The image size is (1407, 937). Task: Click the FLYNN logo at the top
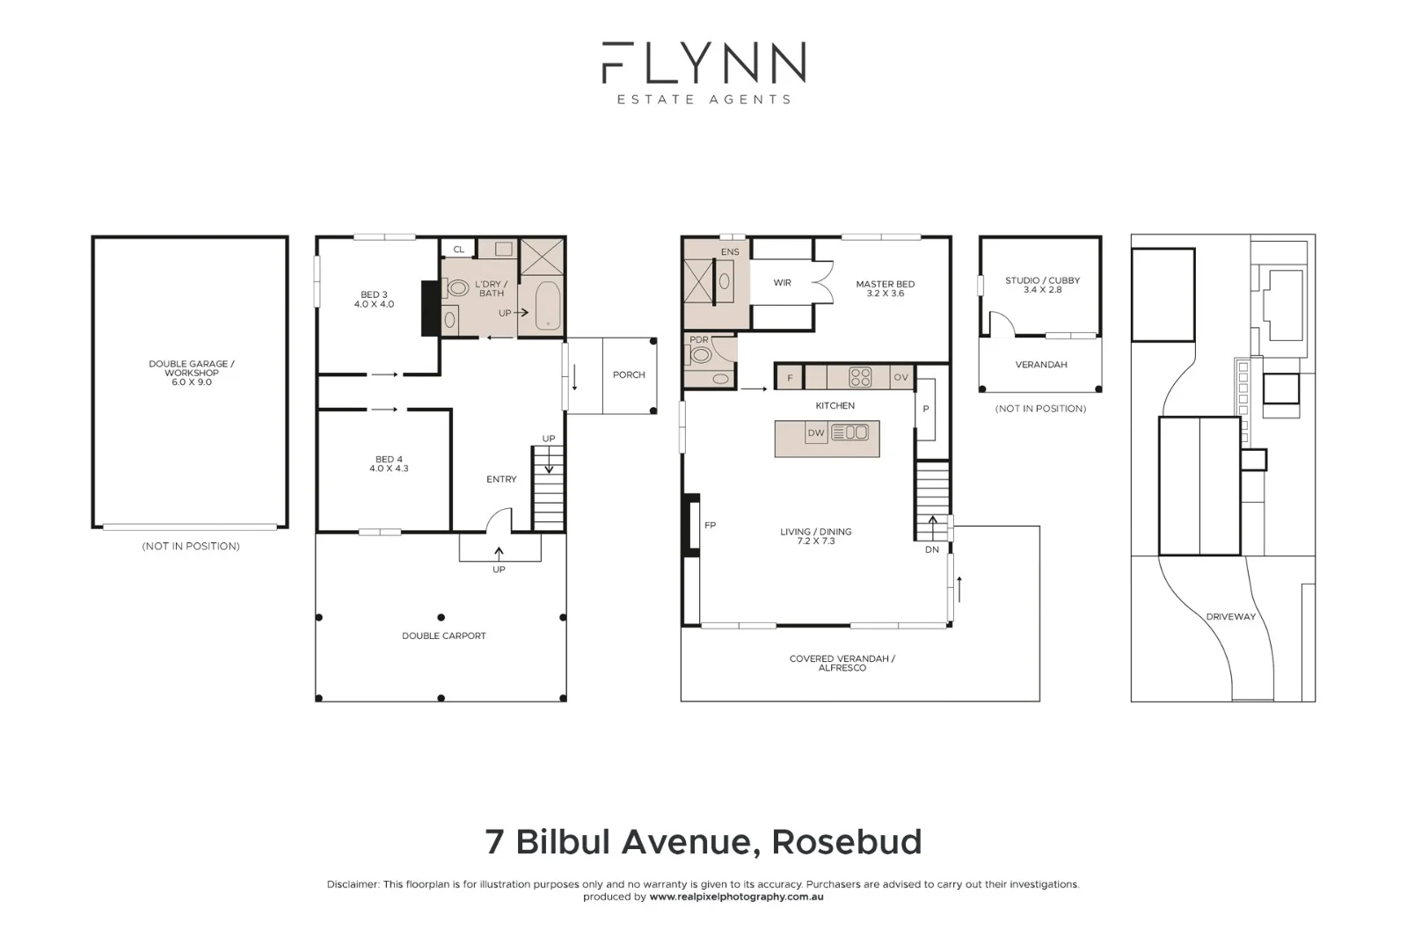pos(703,63)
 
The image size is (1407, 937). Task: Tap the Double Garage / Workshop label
pos(191,373)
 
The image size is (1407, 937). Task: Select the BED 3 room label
pos(374,299)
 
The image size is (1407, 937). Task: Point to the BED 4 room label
pos(389,463)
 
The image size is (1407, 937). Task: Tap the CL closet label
pos(458,250)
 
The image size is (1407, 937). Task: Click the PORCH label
pos(629,374)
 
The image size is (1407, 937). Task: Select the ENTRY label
pos(501,479)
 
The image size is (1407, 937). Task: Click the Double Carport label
pos(443,636)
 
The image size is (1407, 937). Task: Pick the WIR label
pos(782,282)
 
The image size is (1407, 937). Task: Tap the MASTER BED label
pos(885,288)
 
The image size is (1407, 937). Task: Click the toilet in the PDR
pos(702,355)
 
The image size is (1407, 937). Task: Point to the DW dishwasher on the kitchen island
pos(816,432)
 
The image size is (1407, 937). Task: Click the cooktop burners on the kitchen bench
pos(859,377)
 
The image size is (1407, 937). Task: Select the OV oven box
pos(900,377)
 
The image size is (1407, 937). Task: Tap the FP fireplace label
pos(710,525)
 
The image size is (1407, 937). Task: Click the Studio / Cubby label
pos(1042,285)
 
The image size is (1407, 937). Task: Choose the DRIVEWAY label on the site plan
pos(1230,616)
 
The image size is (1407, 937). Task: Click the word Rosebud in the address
pos(846,841)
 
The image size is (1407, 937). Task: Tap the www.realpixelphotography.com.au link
pos(736,897)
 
